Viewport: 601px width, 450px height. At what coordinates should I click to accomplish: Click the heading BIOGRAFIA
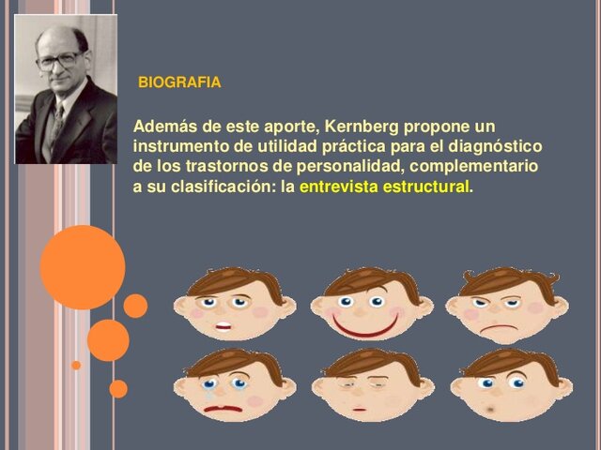coord(179,82)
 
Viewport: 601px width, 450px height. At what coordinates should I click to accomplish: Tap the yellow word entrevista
coord(339,186)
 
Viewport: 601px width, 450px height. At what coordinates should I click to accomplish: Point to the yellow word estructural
coord(424,186)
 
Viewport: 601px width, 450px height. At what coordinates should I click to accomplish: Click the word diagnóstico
coord(494,146)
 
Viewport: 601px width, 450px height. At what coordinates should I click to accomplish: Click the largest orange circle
coord(82,267)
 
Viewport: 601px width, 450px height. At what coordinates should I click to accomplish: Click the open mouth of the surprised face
coord(223,327)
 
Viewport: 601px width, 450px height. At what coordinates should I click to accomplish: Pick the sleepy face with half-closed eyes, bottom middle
coord(372,387)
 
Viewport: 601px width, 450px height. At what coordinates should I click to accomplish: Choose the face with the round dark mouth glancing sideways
coord(508,387)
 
